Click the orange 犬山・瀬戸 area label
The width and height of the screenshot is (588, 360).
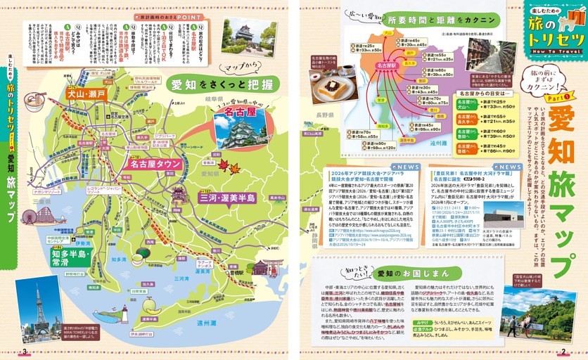pyautogui.click(x=86, y=93)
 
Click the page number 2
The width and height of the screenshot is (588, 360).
pyautogui.click(x=563, y=352)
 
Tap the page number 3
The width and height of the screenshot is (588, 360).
pyautogui.click(x=23, y=352)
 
